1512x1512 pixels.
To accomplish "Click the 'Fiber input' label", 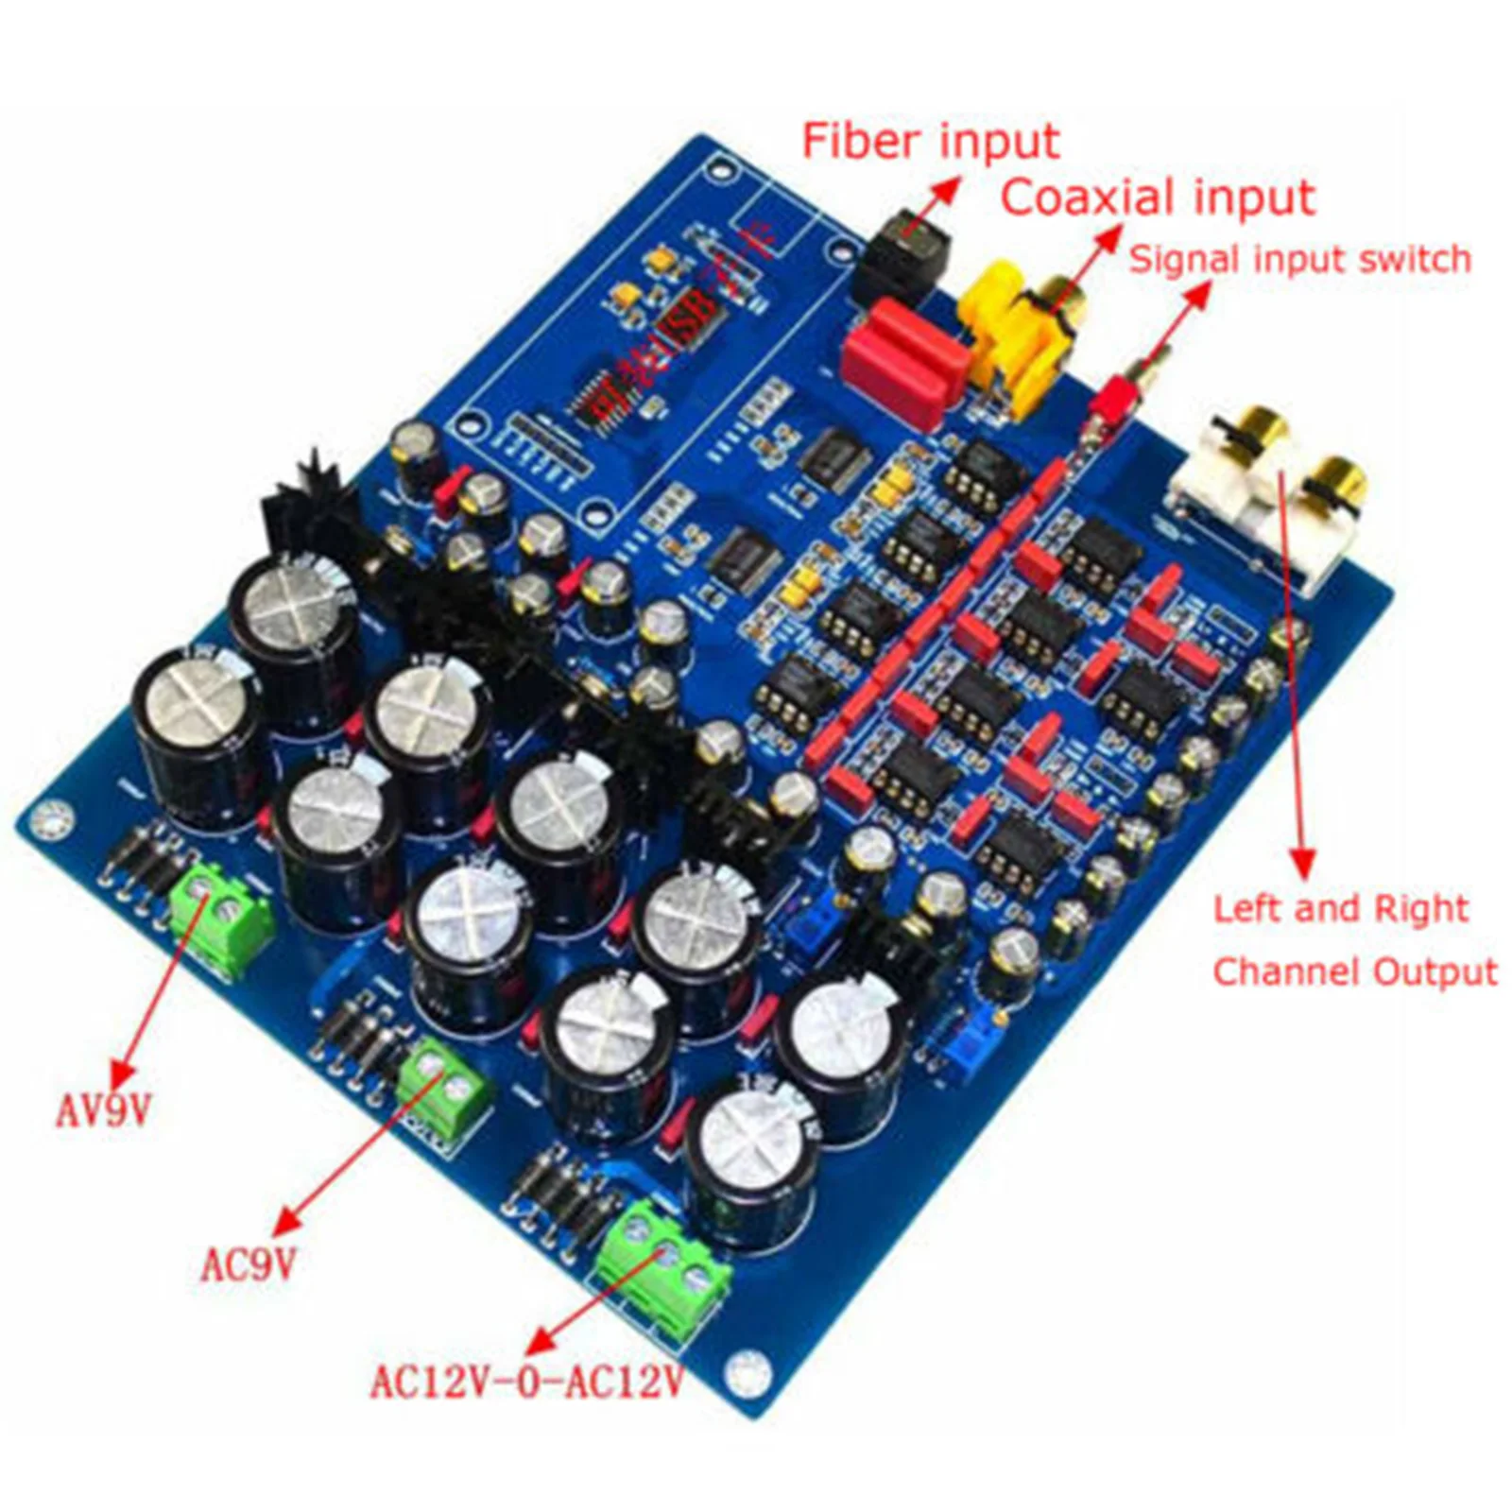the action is [931, 142].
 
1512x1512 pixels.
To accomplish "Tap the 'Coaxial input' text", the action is [1158, 199].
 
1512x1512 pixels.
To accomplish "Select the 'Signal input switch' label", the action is [1300, 259].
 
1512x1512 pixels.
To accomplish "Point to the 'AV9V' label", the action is [103, 1111].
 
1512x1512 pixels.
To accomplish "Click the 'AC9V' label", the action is [249, 1264].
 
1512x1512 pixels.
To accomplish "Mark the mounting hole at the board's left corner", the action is [52, 818].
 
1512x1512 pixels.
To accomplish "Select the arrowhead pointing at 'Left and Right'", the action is [1304, 865].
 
